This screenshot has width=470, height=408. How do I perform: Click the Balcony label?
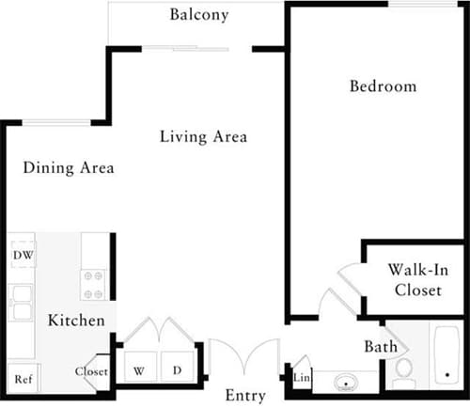pos(199,15)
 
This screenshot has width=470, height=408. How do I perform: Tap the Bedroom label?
pos(383,86)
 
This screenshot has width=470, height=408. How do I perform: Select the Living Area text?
pos(203,137)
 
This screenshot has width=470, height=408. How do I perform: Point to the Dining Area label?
pos(69,168)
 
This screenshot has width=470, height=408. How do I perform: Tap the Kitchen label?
pos(76,321)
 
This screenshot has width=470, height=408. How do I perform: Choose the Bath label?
pos(381,347)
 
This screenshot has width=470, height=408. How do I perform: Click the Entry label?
pos(245,395)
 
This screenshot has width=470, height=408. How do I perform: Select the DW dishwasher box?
pos(23,255)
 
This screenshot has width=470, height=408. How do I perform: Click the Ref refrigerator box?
pos(23,379)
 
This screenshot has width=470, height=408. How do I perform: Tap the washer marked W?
pos(138,370)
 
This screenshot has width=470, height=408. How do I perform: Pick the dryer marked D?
pos(176,370)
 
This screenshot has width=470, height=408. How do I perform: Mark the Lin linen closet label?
pos(302,378)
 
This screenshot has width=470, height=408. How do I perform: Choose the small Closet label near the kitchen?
pos(91,371)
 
